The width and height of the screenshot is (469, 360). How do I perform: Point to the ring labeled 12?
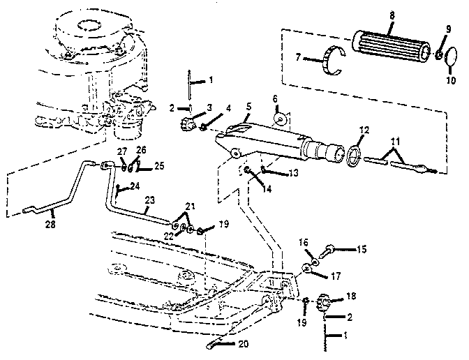[355, 154]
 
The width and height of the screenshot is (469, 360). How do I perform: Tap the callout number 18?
[351, 297]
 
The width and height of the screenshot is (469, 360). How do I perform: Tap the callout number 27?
[120, 151]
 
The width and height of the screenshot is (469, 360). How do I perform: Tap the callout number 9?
[448, 29]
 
